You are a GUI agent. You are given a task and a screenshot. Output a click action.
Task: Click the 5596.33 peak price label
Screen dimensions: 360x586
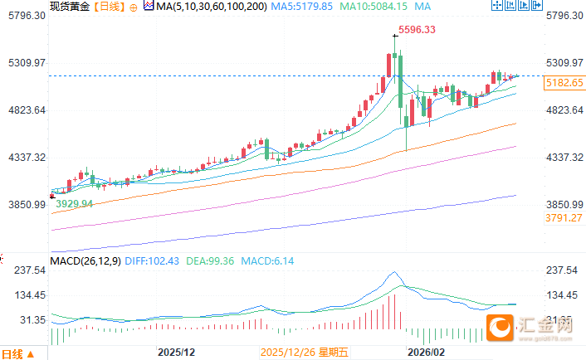[x=417, y=30]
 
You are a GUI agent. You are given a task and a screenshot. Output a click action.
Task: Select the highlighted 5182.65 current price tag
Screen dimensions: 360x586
[x=564, y=83]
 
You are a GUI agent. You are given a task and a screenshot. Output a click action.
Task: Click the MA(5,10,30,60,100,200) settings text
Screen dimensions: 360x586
[x=201, y=7]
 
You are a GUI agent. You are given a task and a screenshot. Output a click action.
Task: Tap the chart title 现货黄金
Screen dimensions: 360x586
[x=69, y=7]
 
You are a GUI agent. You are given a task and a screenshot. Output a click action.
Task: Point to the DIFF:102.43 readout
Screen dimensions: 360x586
[x=153, y=261]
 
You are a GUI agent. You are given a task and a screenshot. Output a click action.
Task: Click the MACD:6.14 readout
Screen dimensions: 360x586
[x=267, y=261]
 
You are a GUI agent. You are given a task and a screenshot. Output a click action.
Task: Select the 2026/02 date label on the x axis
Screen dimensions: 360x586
[x=426, y=353]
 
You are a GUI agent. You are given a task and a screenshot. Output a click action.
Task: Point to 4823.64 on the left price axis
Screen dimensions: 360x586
[x=25, y=110]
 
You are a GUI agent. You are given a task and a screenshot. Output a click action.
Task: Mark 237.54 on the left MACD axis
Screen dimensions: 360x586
[x=27, y=270]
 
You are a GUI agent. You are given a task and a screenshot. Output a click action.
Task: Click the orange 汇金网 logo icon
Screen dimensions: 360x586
[x=501, y=327]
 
